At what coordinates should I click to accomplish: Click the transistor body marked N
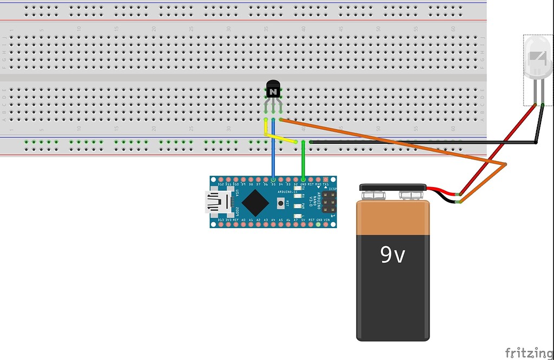point(274,90)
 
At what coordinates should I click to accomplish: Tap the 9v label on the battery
point(393,254)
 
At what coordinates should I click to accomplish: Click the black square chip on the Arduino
point(254,203)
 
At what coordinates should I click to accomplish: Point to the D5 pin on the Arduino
point(273,179)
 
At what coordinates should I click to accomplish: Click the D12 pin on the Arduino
point(221,179)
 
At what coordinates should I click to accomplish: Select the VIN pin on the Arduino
point(326,225)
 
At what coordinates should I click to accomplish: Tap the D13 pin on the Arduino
point(221,225)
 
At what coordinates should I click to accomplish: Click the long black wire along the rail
point(422,142)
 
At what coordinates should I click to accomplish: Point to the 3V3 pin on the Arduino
point(228,225)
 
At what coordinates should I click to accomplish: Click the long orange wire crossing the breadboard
point(390,142)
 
